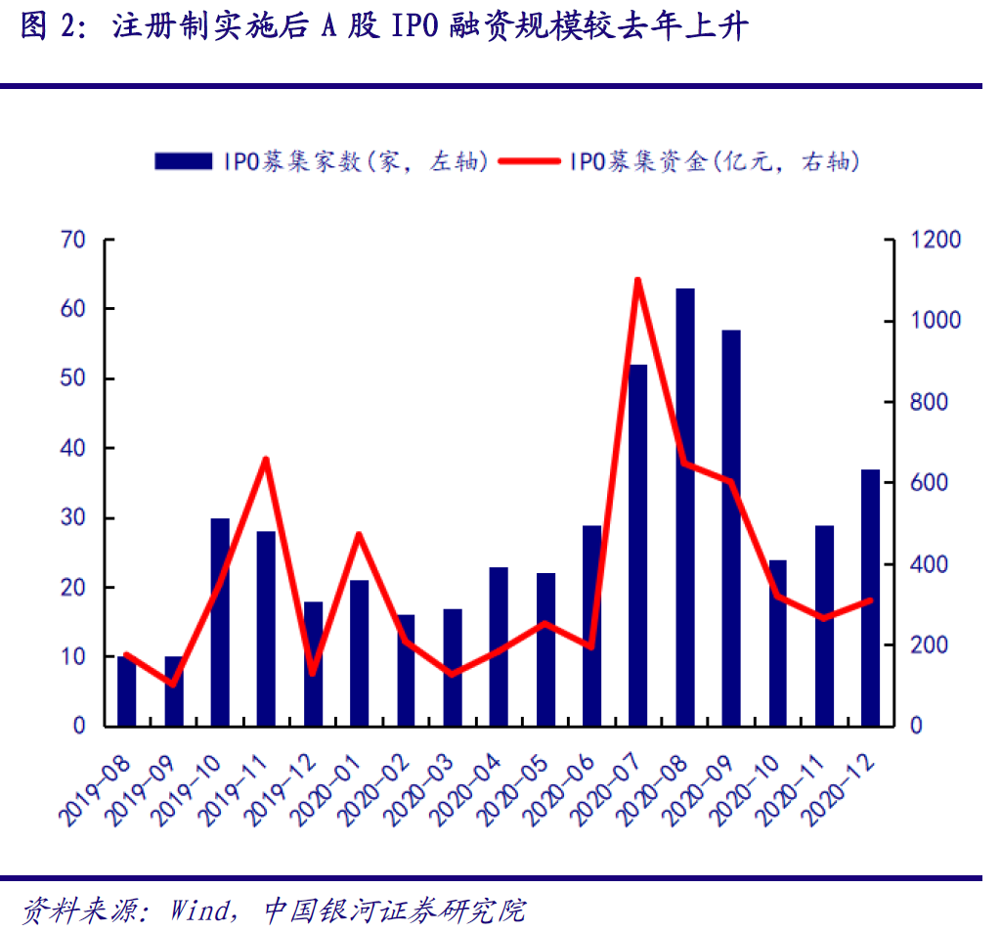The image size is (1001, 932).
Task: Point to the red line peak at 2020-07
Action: [x=637, y=281]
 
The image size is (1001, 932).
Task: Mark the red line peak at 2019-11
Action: [x=266, y=459]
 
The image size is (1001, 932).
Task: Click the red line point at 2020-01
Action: [x=359, y=534]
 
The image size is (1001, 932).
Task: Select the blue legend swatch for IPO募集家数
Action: [x=183, y=161]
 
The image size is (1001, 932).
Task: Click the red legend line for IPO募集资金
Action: [x=529, y=161]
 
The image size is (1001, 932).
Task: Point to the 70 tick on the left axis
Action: [x=74, y=240]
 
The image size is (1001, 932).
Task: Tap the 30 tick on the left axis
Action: [x=74, y=518]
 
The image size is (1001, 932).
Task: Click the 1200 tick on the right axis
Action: [x=936, y=240]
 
